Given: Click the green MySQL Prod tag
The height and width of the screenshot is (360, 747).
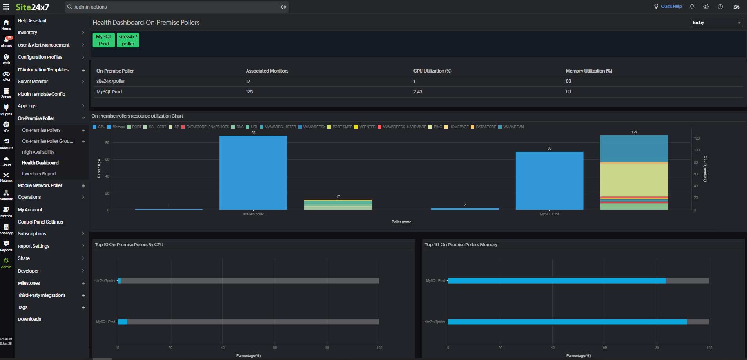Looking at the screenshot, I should pos(103,40).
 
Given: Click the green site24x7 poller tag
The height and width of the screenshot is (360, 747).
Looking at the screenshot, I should pos(128,40).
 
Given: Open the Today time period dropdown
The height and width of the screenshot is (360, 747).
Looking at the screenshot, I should pos(716,22).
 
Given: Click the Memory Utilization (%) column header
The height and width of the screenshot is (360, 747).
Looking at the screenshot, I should pos(589,71).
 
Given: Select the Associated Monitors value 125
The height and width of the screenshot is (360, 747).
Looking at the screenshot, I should pos(249,92).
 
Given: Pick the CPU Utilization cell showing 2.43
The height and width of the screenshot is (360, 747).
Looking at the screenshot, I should pos(418,92).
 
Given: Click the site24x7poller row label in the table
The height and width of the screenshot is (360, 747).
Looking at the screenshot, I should pos(111,81).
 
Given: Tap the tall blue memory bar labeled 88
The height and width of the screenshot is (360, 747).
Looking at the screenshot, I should pos(253,173).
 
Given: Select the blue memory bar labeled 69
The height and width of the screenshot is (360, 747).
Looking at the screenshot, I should pos(549,180).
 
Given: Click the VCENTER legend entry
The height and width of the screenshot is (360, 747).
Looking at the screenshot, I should pos(367,127).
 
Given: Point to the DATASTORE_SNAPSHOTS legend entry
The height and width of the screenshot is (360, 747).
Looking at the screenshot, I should pos(207,127).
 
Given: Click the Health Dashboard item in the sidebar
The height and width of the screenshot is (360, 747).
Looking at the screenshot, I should pos(40,163).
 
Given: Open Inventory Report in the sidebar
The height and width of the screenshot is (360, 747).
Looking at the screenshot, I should pos(39,174).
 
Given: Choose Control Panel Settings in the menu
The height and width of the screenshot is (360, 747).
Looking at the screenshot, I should pos(40,222).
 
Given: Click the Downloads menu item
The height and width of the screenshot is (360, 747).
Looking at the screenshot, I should pos(29,319).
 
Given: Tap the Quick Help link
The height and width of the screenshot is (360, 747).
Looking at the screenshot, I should pos(671,7).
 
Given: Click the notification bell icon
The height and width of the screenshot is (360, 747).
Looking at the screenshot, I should pos(692,7).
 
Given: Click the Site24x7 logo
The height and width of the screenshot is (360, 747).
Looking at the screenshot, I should pos(32,7).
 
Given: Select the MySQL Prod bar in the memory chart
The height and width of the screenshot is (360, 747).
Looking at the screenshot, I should pos(557,281).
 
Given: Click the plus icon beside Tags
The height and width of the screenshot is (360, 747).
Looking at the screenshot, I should pos(83,308).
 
